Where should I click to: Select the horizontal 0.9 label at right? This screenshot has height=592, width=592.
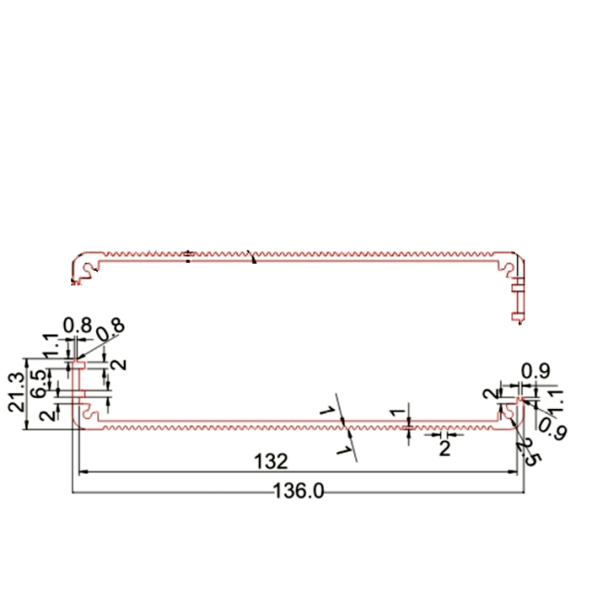tap(533, 371)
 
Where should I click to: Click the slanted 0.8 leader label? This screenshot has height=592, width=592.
tap(109, 329)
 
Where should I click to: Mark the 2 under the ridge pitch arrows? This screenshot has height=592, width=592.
tap(444, 449)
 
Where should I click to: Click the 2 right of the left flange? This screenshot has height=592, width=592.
tap(117, 364)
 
